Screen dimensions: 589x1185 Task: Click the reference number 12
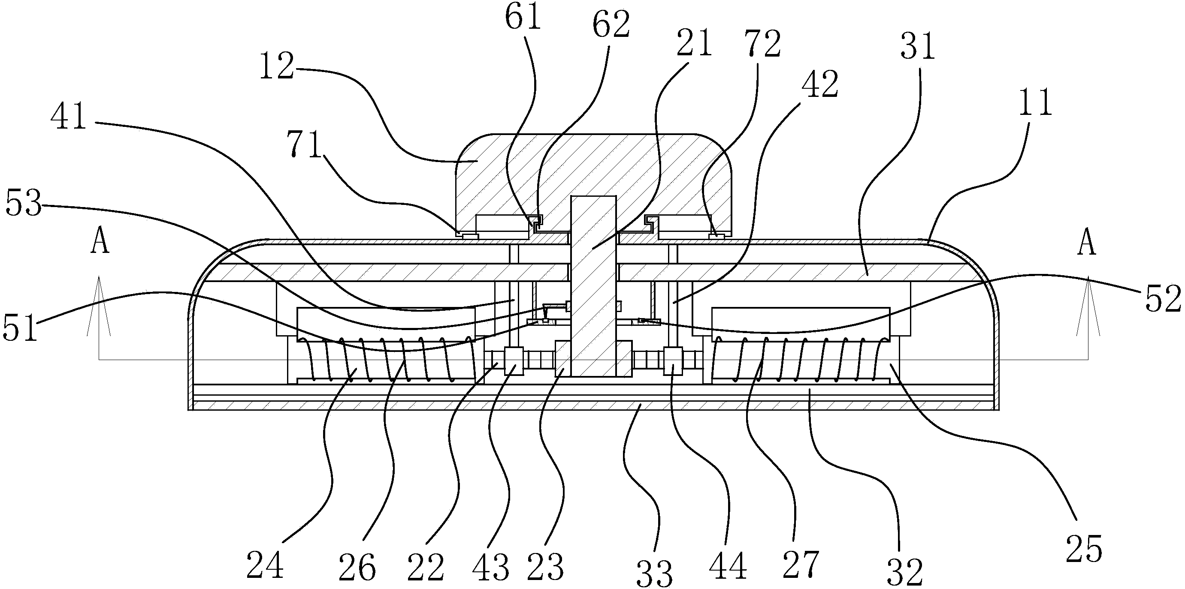click(x=277, y=67)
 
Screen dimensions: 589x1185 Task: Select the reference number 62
click(x=611, y=25)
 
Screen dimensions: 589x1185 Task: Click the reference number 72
click(x=763, y=45)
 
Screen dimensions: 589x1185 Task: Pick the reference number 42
click(x=820, y=84)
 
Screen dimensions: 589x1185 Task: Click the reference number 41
click(x=69, y=116)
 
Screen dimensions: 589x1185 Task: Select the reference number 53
click(x=24, y=204)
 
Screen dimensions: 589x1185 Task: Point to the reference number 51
click(x=20, y=328)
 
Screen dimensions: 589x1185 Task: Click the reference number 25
click(x=1084, y=549)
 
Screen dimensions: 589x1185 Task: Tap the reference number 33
click(x=655, y=572)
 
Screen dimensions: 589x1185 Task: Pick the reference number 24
click(x=265, y=565)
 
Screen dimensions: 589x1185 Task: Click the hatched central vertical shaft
click(x=593, y=285)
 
